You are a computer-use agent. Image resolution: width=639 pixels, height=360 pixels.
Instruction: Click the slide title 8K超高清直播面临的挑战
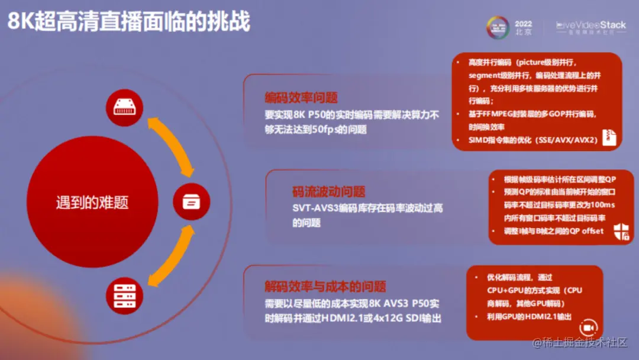128,21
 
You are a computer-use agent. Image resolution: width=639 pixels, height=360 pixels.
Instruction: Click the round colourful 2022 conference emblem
498,27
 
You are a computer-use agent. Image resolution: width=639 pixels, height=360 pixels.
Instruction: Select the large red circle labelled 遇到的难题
92,203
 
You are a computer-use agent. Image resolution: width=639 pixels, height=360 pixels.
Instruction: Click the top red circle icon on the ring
125,107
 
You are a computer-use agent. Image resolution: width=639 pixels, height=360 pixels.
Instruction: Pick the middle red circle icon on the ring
191,201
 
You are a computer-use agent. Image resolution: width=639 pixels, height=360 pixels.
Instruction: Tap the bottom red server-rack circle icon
125,295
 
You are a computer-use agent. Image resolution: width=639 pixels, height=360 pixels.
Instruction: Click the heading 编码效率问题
301,98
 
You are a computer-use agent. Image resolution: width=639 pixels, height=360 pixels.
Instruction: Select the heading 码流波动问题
329,192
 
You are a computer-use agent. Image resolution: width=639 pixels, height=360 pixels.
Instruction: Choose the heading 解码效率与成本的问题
325,287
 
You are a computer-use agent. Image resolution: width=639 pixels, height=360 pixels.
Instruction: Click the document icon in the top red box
609,137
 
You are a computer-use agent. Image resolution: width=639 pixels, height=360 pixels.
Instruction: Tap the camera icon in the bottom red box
589,327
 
